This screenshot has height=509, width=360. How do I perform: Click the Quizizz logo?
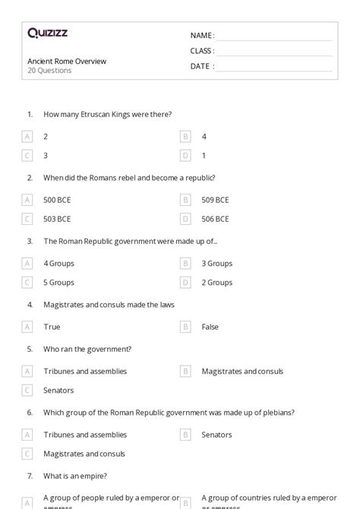click(x=47, y=33)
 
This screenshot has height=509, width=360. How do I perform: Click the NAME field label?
click(x=202, y=35)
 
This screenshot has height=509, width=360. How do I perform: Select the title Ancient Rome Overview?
click(x=67, y=61)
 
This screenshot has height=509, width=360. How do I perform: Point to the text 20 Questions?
click(x=50, y=71)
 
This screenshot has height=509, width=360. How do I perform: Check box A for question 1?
click(x=27, y=137)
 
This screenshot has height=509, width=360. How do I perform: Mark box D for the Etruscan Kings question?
click(x=185, y=156)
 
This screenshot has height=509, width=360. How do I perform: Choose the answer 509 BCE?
click(x=215, y=200)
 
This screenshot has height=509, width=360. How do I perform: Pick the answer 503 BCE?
click(x=58, y=219)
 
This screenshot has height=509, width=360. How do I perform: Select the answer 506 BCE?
click(x=215, y=219)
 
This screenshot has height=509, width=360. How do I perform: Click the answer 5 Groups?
click(x=58, y=283)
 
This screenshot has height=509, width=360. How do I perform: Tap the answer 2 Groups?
click(x=217, y=283)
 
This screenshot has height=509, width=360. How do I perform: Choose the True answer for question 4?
click(x=52, y=327)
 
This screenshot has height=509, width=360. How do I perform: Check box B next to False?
click(x=185, y=327)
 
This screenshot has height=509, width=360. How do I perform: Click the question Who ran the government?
click(x=87, y=349)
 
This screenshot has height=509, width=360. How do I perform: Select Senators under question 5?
click(x=58, y=390)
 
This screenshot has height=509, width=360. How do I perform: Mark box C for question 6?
click(x=27, y=454)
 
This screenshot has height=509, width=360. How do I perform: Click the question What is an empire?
click(x=75, y=476)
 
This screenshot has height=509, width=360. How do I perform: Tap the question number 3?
click(x=30, y=241)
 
